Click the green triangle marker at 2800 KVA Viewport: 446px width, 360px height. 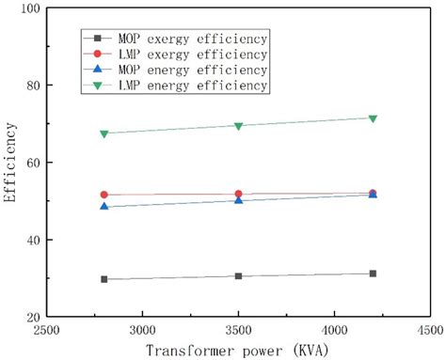[x=104, y=133]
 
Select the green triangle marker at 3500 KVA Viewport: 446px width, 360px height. [x=238, y=126]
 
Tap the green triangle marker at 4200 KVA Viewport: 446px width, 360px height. [x=373, y=118]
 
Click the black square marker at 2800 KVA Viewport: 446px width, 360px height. [x=104, y=279]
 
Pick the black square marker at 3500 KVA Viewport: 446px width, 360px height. [x=238, y=276]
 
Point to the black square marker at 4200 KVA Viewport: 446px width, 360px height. [x=373, y=274]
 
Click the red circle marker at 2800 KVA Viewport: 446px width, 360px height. [x=104, y=195]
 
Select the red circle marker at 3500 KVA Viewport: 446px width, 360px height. [x=238, y=194]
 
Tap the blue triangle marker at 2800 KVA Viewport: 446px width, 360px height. [x=104, y=206]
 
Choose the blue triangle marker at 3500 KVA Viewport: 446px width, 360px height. [x=238, y=199]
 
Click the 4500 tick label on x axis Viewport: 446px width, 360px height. [x=428, y=331]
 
